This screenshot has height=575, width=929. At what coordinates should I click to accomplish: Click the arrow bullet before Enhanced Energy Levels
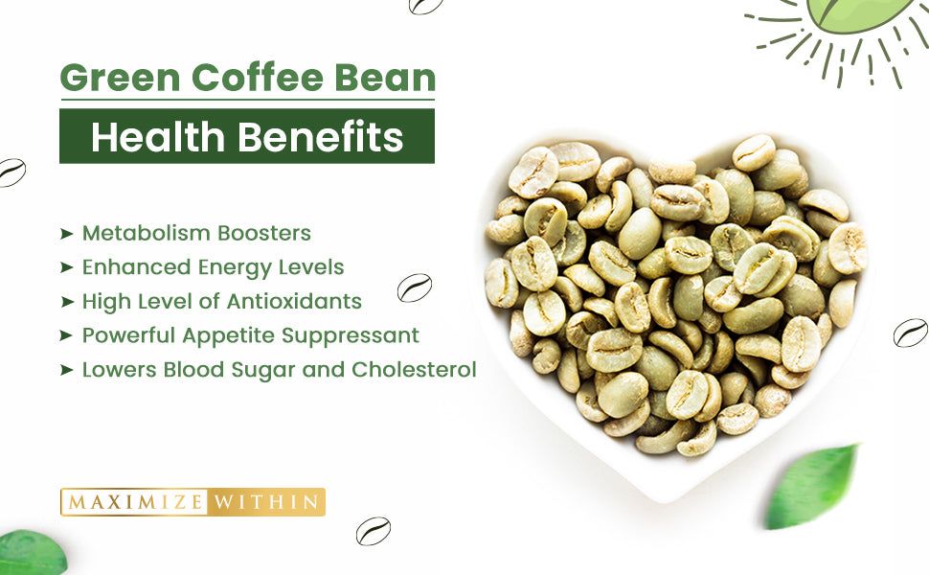point(67,267)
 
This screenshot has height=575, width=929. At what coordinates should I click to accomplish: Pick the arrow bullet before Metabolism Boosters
point(67,233)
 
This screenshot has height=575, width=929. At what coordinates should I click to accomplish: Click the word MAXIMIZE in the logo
point(135,501)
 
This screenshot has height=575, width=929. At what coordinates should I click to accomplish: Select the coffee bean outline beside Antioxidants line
point(415,287)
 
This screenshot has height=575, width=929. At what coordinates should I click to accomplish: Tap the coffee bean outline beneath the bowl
point(373,530)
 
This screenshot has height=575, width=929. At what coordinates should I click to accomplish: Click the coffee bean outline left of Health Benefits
point(11,172)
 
